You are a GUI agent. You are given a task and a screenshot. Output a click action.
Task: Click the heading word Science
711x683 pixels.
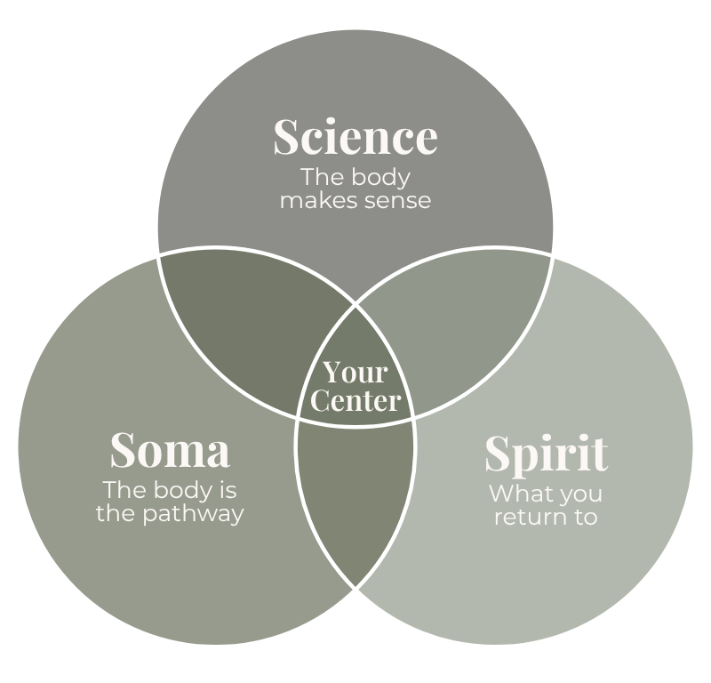pyautogui.click(x=355, y=138)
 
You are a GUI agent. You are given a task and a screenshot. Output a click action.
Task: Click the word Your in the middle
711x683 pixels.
pyautogui.click(x=355, y=372)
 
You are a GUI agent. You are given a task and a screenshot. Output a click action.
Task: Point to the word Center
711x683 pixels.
pyautogui.click(x=355, y=400)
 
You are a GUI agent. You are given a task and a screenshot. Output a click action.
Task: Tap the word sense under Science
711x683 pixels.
pyautogui.click(x=397, y=200)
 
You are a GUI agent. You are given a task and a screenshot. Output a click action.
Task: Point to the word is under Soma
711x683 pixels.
pyautogui.click(x=228, y=490)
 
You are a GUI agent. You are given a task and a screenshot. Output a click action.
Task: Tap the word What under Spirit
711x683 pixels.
pyautogui.click(x=517, y=493)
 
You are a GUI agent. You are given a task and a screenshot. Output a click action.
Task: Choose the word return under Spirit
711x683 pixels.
pyautogui.click(x=526, y=516)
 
